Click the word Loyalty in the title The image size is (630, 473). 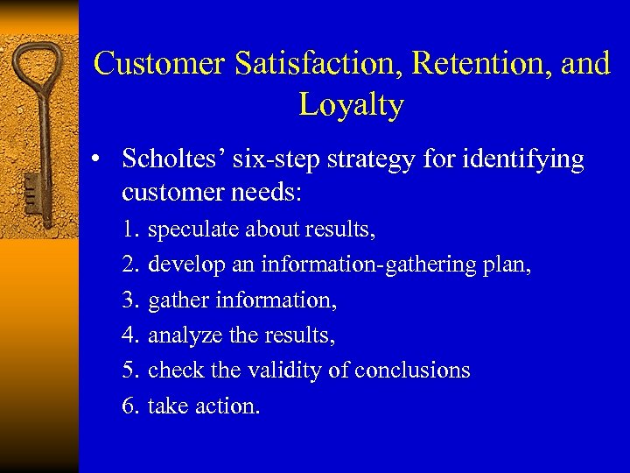[351, 104]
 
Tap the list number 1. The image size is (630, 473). [131, 230]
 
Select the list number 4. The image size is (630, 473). [131, 335]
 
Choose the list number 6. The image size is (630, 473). [131, 406]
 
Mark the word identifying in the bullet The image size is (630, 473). [528, 159]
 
